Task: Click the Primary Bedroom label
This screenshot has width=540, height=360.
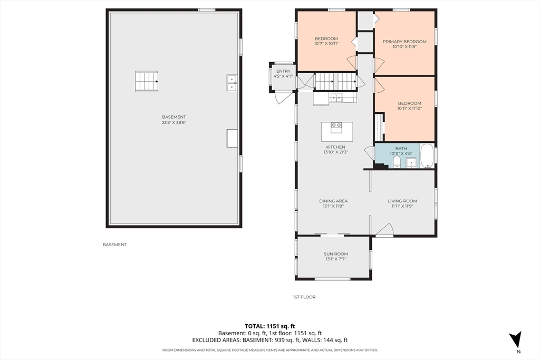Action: click(x=404, y=42)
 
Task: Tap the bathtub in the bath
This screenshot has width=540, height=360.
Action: click(x=427, y=156)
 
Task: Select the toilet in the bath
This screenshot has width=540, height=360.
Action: click(x=397, y=162)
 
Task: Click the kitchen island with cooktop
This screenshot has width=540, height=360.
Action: click(x=337, y=132)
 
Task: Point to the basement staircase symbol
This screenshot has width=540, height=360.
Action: click(x=147, y=82)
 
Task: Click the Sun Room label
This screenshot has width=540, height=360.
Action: click(x=336, y=254)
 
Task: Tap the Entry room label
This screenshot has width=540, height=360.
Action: click(x=283, y=71)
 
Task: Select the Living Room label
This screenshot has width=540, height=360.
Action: click(x=402, y=201)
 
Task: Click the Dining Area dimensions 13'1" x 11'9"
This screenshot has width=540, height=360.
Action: click(x=333, y=207)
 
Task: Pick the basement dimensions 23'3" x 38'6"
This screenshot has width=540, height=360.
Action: click(x=174, y=122)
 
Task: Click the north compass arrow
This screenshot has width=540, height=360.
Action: click(x=516, y=339)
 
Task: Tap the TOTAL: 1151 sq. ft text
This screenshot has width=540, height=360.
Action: click(x=270, y=326)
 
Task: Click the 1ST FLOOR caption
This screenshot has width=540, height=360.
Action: click(x=304, y=297)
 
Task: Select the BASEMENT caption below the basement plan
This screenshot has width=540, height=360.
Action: click(x=114, y=245)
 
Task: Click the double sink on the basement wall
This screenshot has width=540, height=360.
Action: click(x=232, y=83)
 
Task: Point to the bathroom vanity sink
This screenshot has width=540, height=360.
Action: click(x=411, y=162)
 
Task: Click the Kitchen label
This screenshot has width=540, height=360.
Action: click(x=336, y=147)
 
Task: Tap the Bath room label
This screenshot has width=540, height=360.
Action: click(x=401, y=149)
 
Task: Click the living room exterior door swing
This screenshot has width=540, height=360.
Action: click(x=384, y=230)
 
